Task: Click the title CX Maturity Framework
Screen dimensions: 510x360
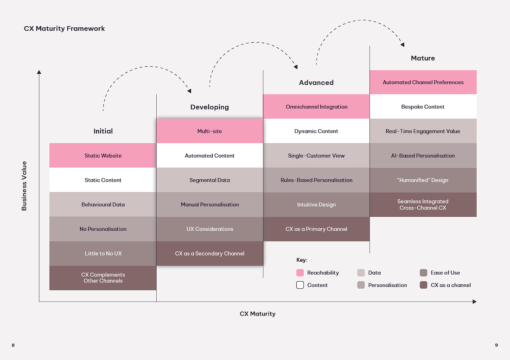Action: click(64, 29)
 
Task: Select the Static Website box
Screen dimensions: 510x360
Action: click(103, 155)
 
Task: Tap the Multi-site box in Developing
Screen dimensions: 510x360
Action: click(210, 131)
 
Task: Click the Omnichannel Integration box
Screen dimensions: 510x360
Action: click(316, 107)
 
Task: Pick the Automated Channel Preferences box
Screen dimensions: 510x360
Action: click(423, 82)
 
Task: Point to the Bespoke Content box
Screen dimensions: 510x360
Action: click(423, 107)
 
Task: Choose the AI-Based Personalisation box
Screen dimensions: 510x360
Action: click(423, 156)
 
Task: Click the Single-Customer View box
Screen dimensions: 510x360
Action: click(316, 156)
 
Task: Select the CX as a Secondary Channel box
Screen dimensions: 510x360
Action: click(210, 253)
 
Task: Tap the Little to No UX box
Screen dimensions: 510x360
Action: click(103, 253)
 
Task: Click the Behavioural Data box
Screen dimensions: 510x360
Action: click(103, 204)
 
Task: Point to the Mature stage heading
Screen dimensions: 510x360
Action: click(423, 58)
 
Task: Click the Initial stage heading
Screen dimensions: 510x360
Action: click(103, 131)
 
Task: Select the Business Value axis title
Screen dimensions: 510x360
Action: click(24, 186)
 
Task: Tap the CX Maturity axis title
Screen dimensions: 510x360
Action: click(258, 314)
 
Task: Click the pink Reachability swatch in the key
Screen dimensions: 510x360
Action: click(300, 272)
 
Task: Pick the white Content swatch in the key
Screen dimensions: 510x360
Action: click(300, 285)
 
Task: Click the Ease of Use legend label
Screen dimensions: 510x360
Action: click(445, 272)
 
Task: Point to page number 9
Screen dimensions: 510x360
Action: click(497, 345)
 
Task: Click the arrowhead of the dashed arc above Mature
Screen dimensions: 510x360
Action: click(402, 44)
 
